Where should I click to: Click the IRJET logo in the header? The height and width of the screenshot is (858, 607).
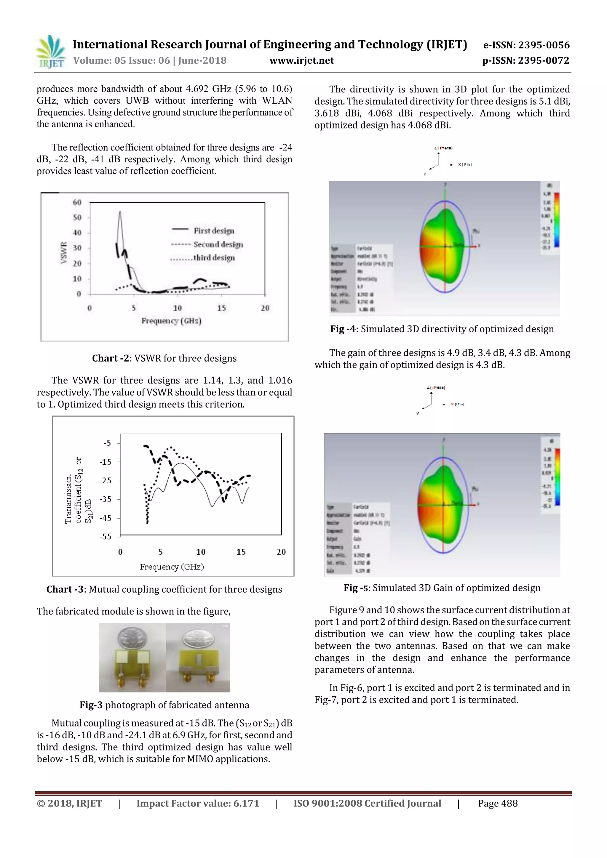pyautogui.click(x=50, y=52)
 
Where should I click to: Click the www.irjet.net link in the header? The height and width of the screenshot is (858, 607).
pyautogui.click(x=301, y=60)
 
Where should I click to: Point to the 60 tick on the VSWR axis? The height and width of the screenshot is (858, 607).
pyautogui.click(x=77, y=202)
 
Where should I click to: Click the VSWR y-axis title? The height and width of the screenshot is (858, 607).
pyautogui.click(x=64, y=253)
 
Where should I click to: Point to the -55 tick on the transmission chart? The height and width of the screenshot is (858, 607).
pyautogui.click(x=106, y=537)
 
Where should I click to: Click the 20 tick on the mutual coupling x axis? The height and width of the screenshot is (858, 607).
pyautogui.click(x=281, y=552)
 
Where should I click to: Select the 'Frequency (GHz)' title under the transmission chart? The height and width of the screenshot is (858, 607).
pyautogui.click(x=172, y=567)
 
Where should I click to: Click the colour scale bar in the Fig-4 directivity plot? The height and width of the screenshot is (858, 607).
pyautogui.click(x=557, y=220)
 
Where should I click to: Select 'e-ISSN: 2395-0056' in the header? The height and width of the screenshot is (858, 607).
pyautogui.click(x=526, y=45)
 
